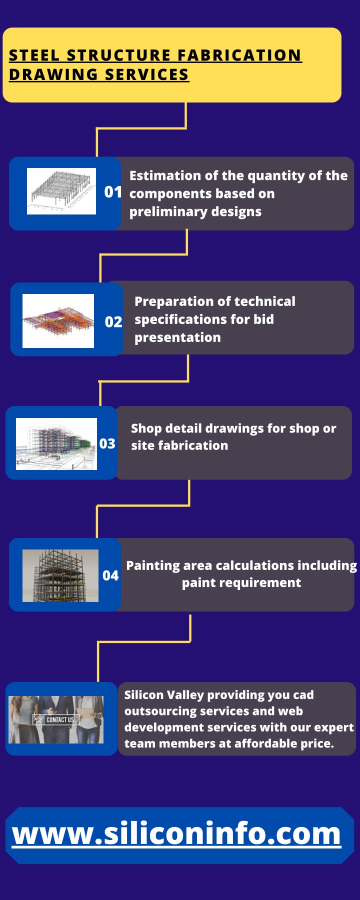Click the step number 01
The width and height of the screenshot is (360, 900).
[x=112, y=192]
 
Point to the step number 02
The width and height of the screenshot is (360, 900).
[x=113, y=322]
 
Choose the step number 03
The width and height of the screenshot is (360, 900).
[x=107, y=444]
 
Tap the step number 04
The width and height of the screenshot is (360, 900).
[x=110, y=576]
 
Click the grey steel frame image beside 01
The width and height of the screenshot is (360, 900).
[x=61, y=191]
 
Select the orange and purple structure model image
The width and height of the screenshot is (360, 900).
[x=58, y=321]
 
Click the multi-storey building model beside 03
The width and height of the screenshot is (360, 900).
[x=56, y=444]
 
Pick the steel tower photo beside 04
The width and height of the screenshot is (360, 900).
[x=60, y=575]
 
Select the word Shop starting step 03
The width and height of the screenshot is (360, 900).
[x=146, y=429]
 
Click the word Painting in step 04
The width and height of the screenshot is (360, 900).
[x=153, y=566]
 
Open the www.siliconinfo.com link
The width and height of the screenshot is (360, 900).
[x=176, y=834]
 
